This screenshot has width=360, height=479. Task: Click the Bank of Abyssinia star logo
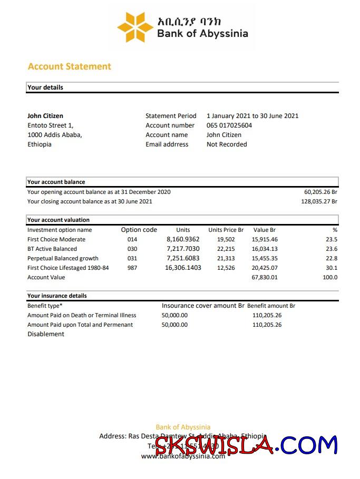pyautogui.click(x=134, y=27)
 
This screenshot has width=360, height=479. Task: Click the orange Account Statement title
pyautogui.click(x=69, y=66)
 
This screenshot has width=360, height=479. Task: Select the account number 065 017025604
pyautogui.click(x=229, y=125)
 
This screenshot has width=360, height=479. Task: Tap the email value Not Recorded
pyautogui.click(x=227, y=144)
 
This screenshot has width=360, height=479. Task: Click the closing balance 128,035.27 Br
pyautogui.click(x=319, y=201)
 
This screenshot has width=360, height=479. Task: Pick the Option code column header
pyautogui.click(x=139, y=230)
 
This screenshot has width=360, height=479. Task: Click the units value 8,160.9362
pyautogui.click(x=183, y=239)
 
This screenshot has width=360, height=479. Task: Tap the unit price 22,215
pyautogui.click(x=226, y=249)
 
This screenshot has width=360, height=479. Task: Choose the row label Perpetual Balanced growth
pyautogui.click(x=63, y=258)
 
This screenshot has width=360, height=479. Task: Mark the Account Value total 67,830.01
pyautogui.click(x=265, y=277)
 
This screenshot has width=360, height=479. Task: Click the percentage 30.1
pyautogui.click(x=332, y=268)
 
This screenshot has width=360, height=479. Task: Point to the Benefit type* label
pyautogui.click(x=45, y=306)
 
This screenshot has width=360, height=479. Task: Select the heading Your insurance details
pyautogui.click(x=57, y=296)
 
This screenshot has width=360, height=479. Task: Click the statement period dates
pyautogui.click(x=252, y=116)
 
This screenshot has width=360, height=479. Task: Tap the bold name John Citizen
pyautogui.click(x=45, y=116)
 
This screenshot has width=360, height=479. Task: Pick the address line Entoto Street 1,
pyautogui.click(x=51, y=125)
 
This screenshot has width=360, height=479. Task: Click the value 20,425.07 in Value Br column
pyautogui.click(x=265, y=268)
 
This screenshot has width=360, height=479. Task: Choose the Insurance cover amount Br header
pyautogui.click(x=203, y=306)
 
